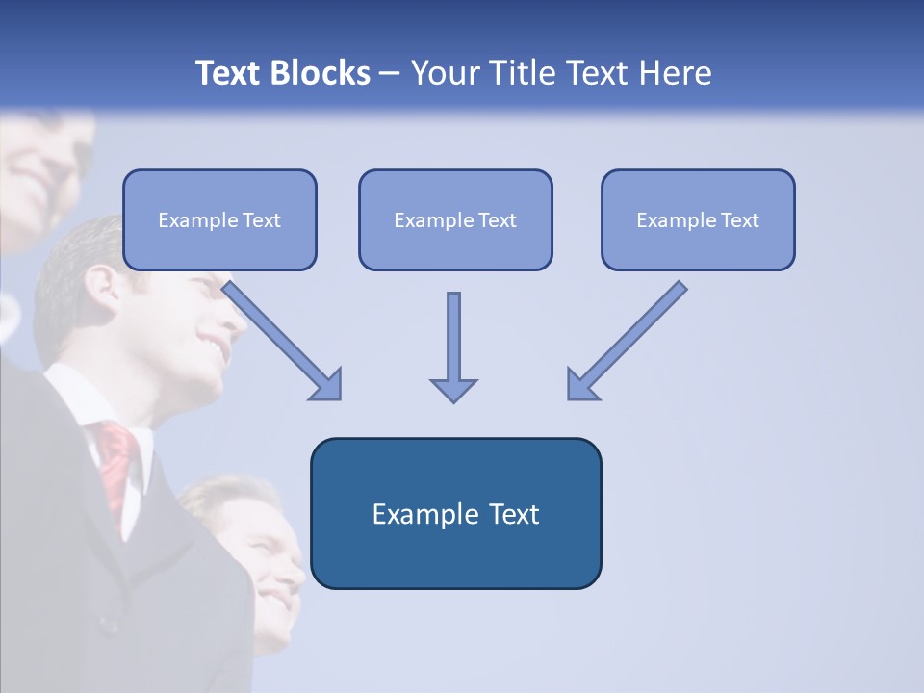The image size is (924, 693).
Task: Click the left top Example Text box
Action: click(219, 219)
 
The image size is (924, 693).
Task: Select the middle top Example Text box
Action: click(455, 219)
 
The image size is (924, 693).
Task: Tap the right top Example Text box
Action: click(698, 219)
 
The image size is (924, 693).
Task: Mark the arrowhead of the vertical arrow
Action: click(453, 389)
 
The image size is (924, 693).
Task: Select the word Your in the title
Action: click(445, 73)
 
